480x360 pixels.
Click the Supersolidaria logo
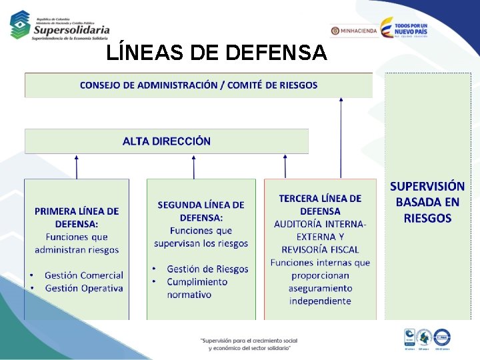point(60,25)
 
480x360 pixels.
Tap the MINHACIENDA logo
point(354,31)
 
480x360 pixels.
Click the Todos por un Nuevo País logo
point(404,29)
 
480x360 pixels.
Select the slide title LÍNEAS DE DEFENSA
point(217,53)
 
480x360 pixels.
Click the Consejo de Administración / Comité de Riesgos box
point(199,85)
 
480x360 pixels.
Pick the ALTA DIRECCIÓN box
point(167,141)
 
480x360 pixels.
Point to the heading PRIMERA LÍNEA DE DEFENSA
point(77,217)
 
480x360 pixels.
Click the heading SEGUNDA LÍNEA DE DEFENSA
point(201,211)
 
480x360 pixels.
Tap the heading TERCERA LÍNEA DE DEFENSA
point(320,205)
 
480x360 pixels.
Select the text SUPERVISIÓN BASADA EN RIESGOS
point(427,202)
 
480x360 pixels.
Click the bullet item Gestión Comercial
point(83,275)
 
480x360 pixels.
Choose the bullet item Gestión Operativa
point(83,289)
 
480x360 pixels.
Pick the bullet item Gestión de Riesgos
point(207,269)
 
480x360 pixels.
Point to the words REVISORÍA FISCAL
point(320,249)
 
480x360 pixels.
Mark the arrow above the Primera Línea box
point(77,167)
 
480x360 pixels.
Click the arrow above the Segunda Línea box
point(194,167)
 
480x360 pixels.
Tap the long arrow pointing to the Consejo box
point(341,137)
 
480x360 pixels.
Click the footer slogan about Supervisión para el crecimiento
point(249,344)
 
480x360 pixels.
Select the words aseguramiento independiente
point(320,295)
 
